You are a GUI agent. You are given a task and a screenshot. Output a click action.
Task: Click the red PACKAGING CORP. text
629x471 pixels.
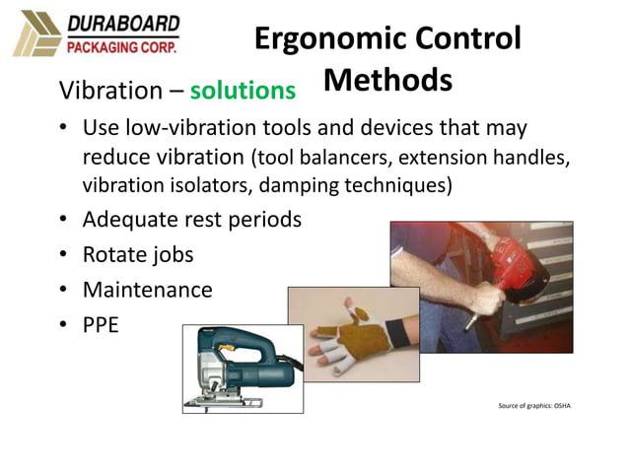click(x=121, y=44)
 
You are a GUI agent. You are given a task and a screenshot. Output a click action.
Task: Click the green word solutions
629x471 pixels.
click(x=243, y=91)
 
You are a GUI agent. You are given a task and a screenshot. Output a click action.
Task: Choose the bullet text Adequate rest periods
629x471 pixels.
click(x=191, y=219)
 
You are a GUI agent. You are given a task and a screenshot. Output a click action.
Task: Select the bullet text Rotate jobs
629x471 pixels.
click(x=138, y=254)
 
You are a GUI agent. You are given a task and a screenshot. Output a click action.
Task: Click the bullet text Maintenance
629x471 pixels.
click(x=147, y=290)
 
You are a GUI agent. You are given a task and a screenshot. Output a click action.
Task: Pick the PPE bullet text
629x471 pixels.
click(x=101, y=324)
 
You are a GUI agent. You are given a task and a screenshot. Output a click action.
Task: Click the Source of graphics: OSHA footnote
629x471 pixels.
click(x=535, y=405)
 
